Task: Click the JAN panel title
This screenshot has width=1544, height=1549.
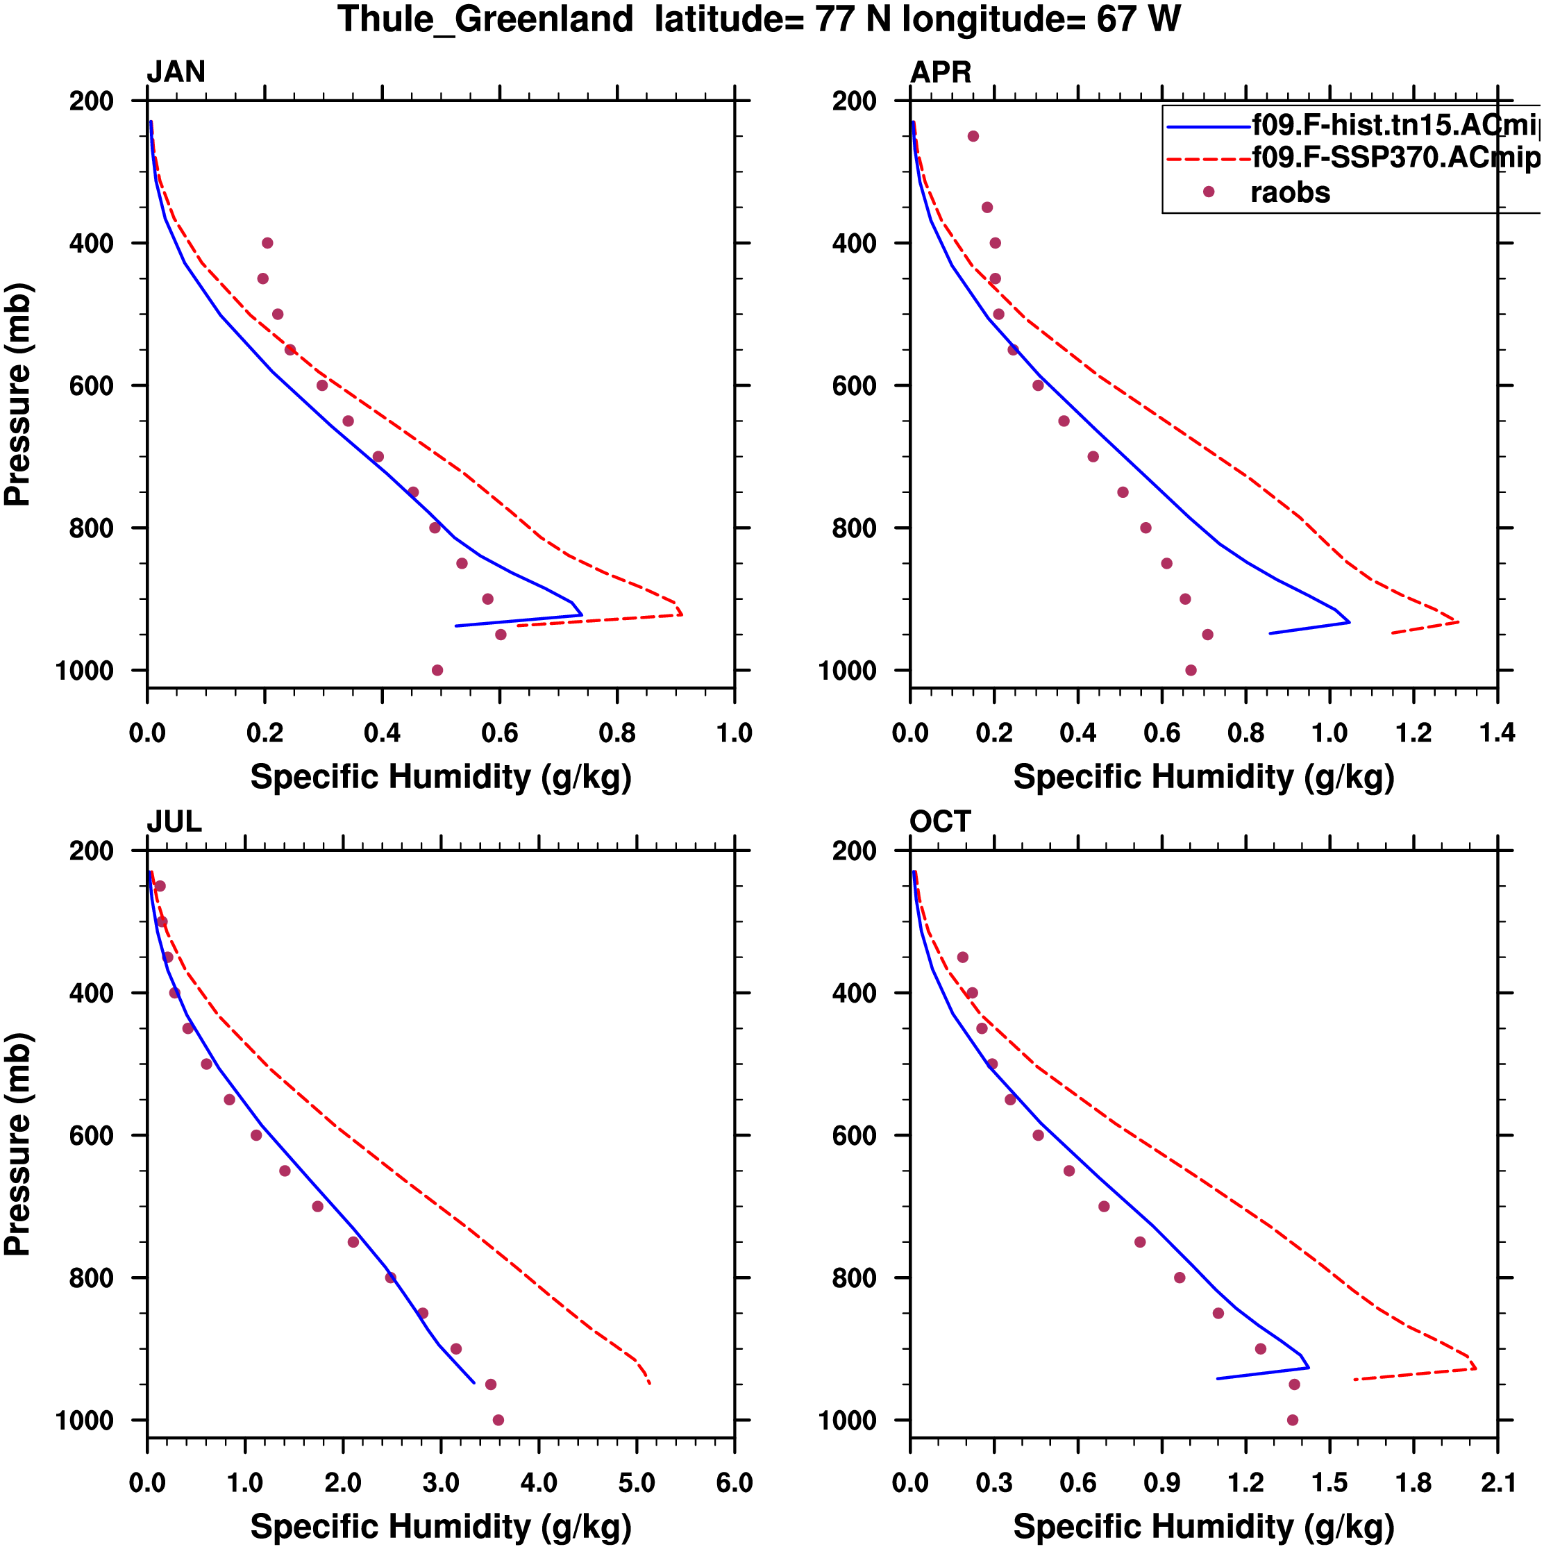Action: click(176, 72)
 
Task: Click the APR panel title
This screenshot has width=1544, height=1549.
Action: click(940, 72)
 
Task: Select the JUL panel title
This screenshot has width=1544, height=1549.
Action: click(174, 822)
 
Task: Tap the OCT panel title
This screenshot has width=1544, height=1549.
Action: click(940, 822)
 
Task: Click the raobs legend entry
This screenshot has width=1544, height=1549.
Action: click(1290, 192)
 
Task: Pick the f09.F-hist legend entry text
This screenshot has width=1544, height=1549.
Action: click(1395, 124)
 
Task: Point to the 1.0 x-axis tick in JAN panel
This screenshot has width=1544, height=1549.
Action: click(734, 732)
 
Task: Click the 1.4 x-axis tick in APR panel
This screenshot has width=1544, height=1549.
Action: click(1497, 732)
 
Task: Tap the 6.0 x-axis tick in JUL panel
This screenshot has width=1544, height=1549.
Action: click(734, 1482)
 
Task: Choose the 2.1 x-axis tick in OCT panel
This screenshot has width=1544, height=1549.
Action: click(1497, 1482)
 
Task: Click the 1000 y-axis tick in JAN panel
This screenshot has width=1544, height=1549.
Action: click(85, 670)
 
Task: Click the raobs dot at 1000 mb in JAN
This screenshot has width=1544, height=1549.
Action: click(437, 670)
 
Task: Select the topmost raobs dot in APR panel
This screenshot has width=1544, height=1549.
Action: click(973, 136)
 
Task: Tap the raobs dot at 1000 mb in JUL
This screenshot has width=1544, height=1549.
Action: click(498, 1420)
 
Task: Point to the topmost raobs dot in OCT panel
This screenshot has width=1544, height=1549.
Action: click(963, 957)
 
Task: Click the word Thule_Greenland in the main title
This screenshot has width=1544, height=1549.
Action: click(485, 19)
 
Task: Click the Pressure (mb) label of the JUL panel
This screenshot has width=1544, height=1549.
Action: click(17, 1145)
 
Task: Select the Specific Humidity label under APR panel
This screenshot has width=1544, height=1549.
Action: click(1203, 777)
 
